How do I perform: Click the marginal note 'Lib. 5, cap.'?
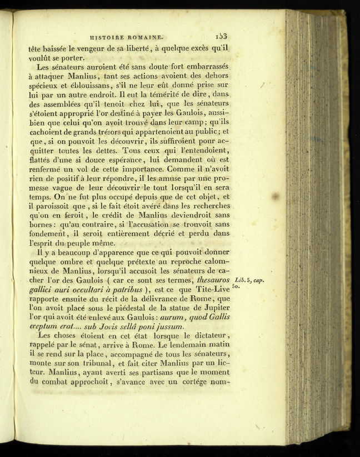(249, 280)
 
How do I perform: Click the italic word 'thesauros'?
(213, 280)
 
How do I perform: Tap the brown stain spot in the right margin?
(274, 196)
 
